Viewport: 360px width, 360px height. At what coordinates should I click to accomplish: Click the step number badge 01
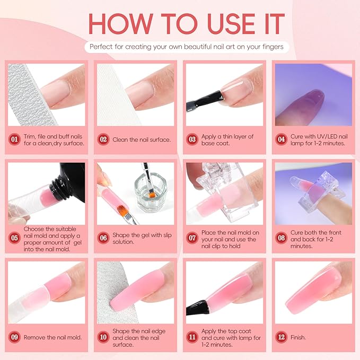15,140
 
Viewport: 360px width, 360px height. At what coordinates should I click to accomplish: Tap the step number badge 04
281,140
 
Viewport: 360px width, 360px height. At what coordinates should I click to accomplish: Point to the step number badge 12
281,337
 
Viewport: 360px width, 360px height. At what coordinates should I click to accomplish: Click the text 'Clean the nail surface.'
141,140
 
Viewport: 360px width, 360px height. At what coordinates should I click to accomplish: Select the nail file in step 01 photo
21,95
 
